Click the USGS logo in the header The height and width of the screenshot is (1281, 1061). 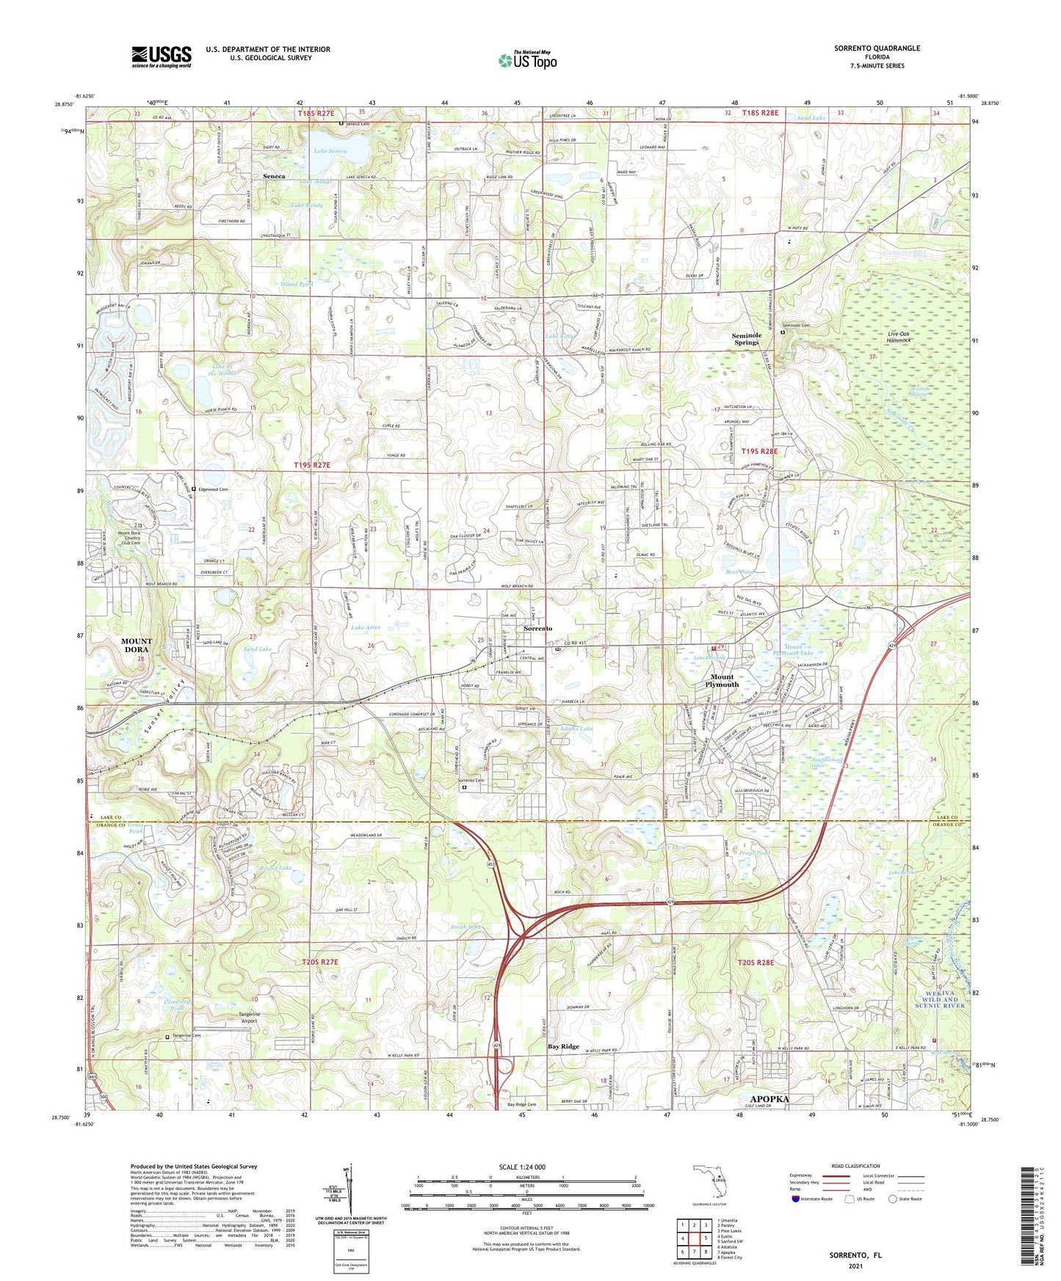click(x=162, y=56)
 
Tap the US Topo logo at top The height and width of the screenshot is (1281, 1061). click(x=527, y=60)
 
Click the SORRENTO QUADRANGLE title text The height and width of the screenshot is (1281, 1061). click(x=877, y=48)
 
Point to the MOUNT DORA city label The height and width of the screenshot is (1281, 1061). click(x=137, y=645)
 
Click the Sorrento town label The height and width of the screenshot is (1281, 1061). click(x=538, y=629)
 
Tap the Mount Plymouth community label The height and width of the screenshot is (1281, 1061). click(x=722, y=680)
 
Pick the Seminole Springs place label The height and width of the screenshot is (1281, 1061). click(x=747, y=338)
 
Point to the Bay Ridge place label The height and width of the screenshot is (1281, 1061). click(x=563, y=1047)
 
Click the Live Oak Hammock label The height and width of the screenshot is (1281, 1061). click(x=899, y=337)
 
